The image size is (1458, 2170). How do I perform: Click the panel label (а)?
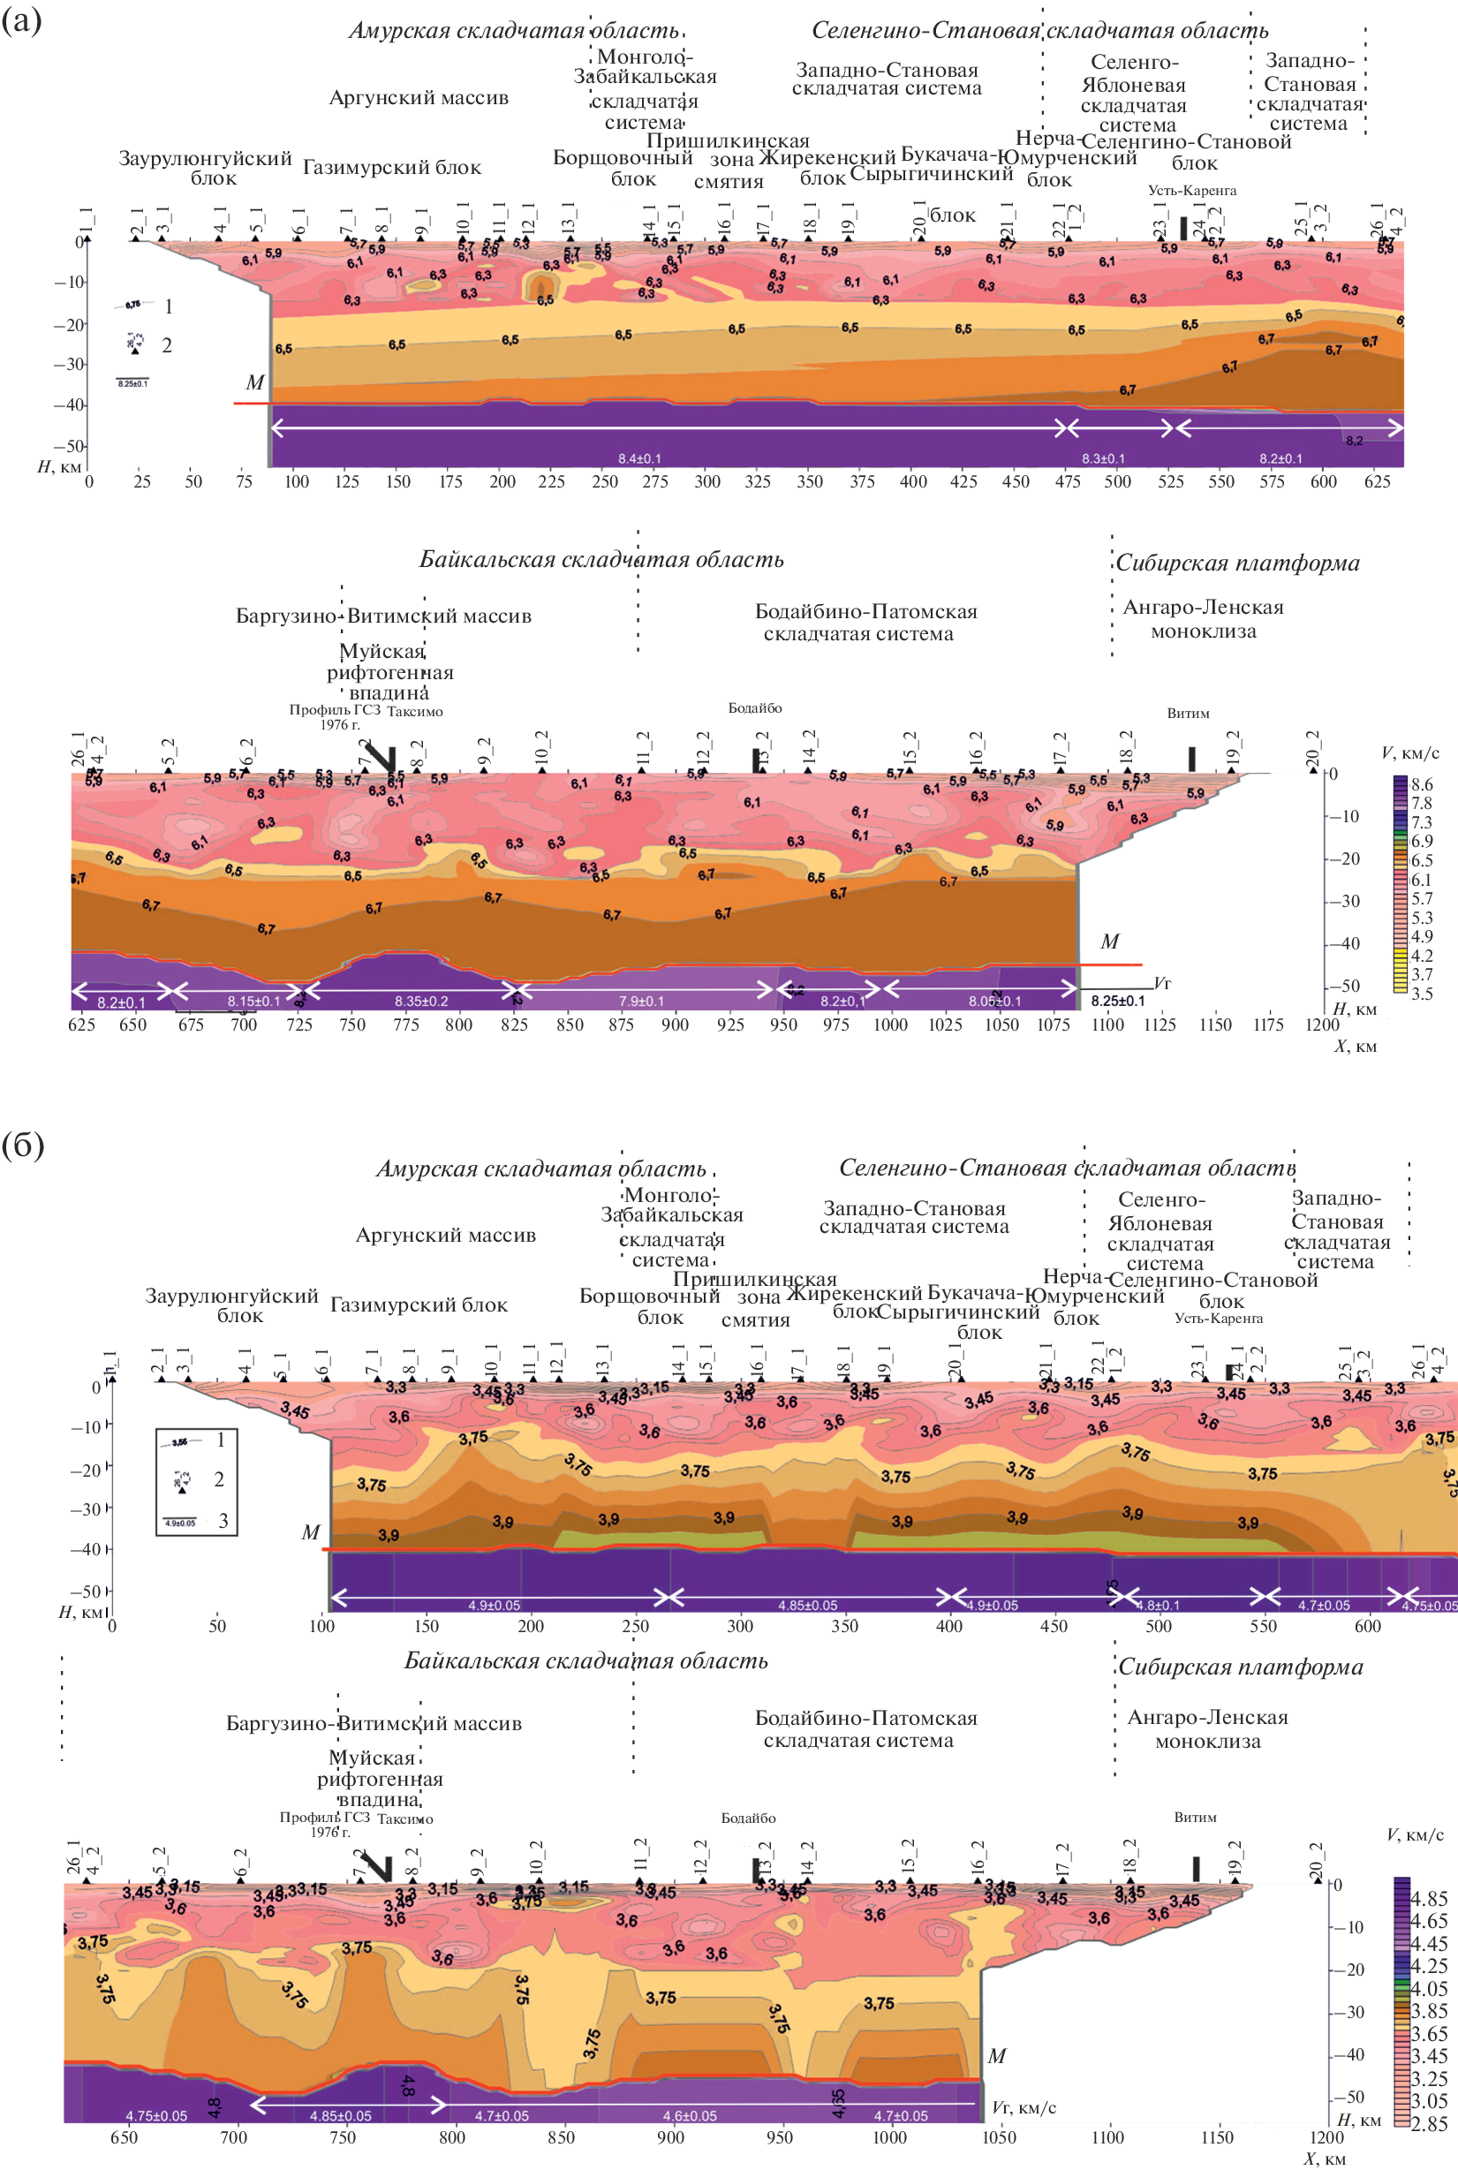21,20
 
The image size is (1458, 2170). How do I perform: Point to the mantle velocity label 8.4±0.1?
639,458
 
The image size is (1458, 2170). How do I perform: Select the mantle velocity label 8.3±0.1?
1103,458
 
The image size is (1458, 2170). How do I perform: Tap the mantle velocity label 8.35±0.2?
421,1002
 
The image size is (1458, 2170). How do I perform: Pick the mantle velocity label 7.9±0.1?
642,1002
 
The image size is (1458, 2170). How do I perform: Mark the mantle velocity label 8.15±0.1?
253,1002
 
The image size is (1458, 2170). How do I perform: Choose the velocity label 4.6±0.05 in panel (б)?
689,2116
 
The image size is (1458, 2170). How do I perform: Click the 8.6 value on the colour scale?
1422,784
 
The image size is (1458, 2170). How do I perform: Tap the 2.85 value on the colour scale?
1428,2123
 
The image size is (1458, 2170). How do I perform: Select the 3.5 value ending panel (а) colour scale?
1422,993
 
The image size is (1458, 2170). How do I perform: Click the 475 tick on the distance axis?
1068,481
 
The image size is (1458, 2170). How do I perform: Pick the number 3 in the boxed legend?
223,1521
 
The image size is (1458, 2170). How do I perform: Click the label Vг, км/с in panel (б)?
1024,2107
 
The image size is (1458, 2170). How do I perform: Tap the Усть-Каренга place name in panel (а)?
1192,191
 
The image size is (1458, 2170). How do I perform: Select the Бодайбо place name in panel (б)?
748,1818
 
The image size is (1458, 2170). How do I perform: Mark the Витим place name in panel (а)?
1189,713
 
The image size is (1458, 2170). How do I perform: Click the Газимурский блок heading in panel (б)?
419,1304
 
